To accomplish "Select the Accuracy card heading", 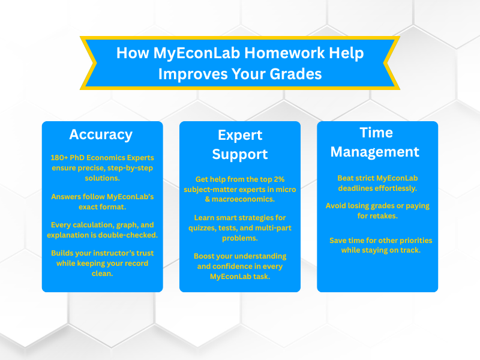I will [101, 134].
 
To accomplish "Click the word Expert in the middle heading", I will [240, 134].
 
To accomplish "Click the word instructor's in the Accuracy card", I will [100, 254].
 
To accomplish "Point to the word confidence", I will [233, 266].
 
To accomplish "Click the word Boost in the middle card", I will [205, 256].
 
